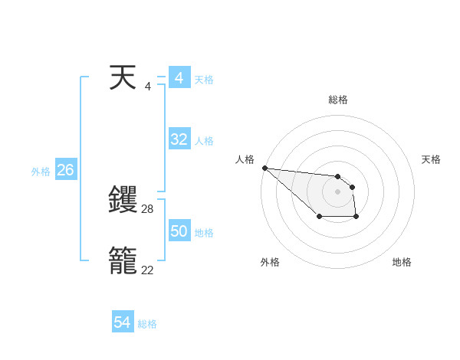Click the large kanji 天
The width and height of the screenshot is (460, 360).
[x=123, y=78]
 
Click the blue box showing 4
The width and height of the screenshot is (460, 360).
[x=179, y=78]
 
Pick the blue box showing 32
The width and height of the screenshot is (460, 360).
[x=179, y=139]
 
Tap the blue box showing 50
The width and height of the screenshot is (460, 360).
[x=179, y=231]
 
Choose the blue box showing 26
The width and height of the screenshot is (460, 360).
[x=65, y=170]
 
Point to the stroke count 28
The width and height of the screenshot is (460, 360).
[x=148, y=208]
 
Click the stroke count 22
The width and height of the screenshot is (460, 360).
[x=148, y=270]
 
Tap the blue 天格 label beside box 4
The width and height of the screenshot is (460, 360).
[x=204, y=80]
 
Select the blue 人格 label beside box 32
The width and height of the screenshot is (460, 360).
[x=204, y=141]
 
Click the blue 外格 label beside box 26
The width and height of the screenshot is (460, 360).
[x=41, y=172]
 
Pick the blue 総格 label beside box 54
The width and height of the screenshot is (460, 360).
[x=147, y=324]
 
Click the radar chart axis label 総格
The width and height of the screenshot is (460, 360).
[x=338, y=100]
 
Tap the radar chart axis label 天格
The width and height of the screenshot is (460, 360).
[x=432, y=159]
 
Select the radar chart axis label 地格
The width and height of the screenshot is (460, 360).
[x=402, y=262]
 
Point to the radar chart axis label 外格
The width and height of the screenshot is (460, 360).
[x=270, y=262]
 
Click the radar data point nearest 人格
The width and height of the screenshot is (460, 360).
[x=264, y=168]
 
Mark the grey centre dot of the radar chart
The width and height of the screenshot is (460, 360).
[x=337, y=191]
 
